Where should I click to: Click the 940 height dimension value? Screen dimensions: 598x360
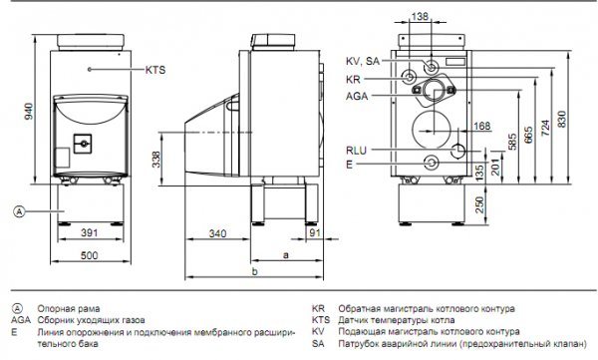tap(29, 111)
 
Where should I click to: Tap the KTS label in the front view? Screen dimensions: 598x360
tap(155, 70)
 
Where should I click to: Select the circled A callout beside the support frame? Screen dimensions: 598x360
tap(19, 211)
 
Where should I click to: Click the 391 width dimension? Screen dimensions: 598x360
tap(90, 232)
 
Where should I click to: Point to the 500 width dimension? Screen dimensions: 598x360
tap(90, 255)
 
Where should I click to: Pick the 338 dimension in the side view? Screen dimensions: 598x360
tap(156, 160)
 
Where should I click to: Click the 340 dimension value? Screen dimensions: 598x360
tap(217, 233)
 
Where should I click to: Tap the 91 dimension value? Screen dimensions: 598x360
tap(315, 232)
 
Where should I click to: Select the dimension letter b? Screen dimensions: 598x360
tap(255, 272)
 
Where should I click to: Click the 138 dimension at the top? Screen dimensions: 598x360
tap(420, 16)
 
